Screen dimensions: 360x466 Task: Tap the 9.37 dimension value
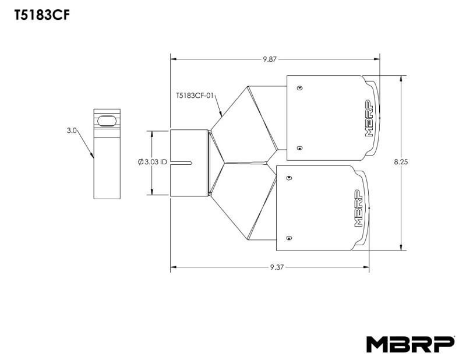(276, 267)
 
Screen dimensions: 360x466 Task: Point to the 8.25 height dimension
(401, 163)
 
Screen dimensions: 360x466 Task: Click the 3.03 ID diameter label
(153, 163)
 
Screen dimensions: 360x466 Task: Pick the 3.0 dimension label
(72, 131)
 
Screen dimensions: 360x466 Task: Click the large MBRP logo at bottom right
(410, 344)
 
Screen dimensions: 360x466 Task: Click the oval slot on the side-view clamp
(107, 119)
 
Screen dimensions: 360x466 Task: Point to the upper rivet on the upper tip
(299, 88)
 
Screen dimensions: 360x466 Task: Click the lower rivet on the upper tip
(299, 148)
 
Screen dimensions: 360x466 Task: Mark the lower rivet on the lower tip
(289, 237)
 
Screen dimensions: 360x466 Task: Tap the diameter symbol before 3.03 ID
(141, 163)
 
